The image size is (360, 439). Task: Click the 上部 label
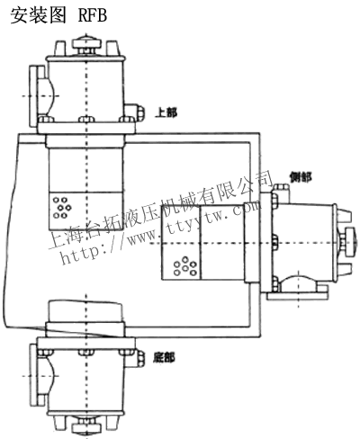(166, 112)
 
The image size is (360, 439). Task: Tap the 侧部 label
(301, 177)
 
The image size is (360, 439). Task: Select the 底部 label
(164, 357)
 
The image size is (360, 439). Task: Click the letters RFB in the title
(93, 15)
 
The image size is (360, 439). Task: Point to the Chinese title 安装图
(38, 15)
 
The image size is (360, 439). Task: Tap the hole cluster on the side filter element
(185, 265)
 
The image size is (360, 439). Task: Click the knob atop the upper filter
(87, 44)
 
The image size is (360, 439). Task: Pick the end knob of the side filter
(349, 242)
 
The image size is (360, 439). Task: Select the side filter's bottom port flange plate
(297, 296)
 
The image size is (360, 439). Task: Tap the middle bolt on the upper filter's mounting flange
(86, 120)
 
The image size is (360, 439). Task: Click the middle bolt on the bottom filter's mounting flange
(86, 352)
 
